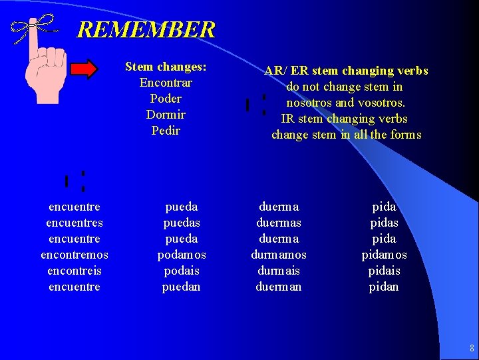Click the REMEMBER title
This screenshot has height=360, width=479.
(x=146, y=30)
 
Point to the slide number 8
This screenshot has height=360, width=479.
(x=472, y=348)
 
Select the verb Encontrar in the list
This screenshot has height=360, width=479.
(x=166, y=83)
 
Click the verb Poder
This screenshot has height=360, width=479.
(x=166, y=99)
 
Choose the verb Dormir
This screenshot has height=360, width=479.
(x=166, y=115)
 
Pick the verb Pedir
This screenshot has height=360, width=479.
(x=166, y=131)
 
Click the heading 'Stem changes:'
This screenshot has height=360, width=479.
(x=166, y=67)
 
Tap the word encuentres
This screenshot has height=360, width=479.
(x=75, y=223)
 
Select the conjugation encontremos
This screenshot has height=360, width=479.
(x=75, y=255)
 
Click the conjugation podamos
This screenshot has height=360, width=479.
(x=182, y=255)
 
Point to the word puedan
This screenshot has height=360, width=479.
(x=182, y=287)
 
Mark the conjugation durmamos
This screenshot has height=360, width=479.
(x=279, y=255)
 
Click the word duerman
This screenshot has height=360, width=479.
(x=279, y=287)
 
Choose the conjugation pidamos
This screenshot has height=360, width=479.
(x=384, y=255)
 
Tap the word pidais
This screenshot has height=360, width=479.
(x=384, y=271)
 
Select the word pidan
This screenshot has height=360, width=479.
(x=384, y=287)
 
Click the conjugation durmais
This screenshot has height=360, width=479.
(x=279, y=271)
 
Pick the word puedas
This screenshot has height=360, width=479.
(x=182, y=223)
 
